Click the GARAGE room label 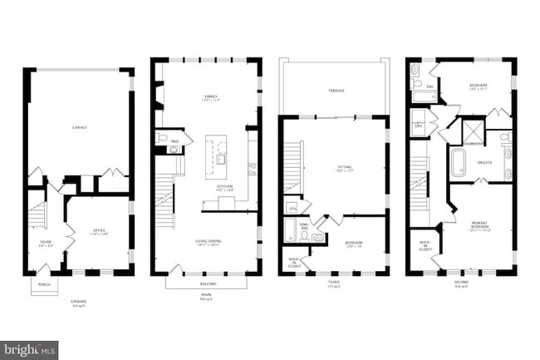(80, 127)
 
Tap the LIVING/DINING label (207, 242)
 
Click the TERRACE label (336, 90)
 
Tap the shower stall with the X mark (472, 136)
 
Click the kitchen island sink (222, 157)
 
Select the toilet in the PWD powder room (164, 138)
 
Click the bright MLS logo (29, 349)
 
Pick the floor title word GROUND (79, 301)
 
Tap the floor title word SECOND (462, 282)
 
